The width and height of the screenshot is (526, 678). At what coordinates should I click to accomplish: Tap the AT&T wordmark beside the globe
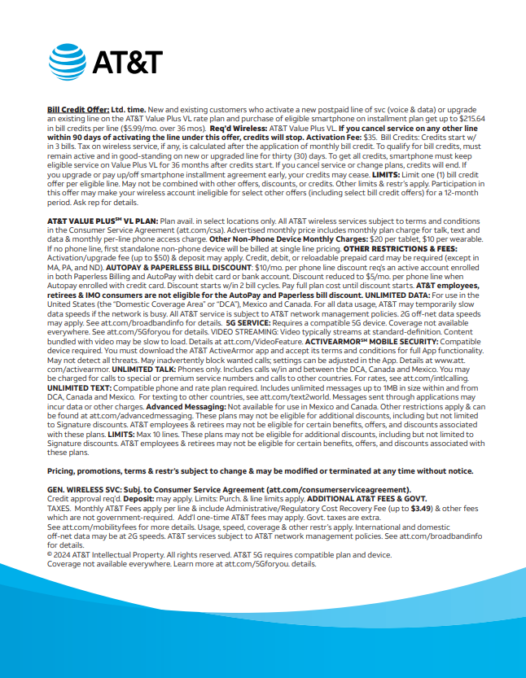click(x=127, y=63)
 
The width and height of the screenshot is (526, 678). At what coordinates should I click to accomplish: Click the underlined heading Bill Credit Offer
click(x=77, y=109)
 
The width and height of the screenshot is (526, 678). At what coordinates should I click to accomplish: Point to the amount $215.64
click(x=471, y=118)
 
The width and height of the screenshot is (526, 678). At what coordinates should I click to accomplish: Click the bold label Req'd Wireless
click(x=237, y=127)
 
